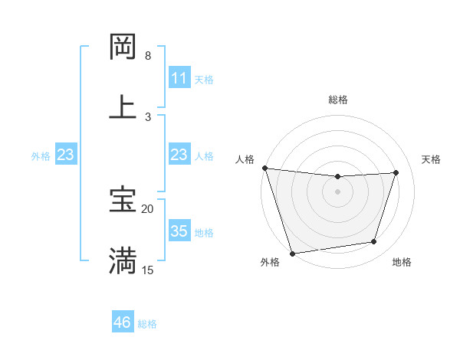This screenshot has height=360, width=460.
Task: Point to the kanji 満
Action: [123, 260]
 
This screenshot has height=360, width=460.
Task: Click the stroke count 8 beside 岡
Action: [148, 56]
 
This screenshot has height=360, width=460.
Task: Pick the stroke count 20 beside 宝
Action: [148, 208]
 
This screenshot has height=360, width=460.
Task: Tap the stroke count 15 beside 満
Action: [148, 270]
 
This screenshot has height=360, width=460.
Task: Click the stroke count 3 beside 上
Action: [148, 116]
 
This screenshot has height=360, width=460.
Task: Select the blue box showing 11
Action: [179, 78]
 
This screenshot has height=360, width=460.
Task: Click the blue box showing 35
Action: [179, 231]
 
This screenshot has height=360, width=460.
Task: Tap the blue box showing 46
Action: [123, 322]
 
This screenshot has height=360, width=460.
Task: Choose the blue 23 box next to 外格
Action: [66, 155]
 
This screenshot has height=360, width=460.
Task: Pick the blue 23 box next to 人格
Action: [179, 155]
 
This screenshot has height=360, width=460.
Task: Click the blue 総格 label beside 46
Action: [147, 324]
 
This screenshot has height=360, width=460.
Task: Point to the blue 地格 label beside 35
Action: [204, 232]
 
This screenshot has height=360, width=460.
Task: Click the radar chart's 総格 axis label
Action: [337, 100]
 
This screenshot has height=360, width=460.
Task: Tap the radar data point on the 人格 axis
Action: [264, 168]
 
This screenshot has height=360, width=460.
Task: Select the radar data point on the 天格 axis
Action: [396, 172]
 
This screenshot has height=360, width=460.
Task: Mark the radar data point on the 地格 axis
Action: [374, 242]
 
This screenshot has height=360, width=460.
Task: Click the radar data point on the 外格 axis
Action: [292, 253]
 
